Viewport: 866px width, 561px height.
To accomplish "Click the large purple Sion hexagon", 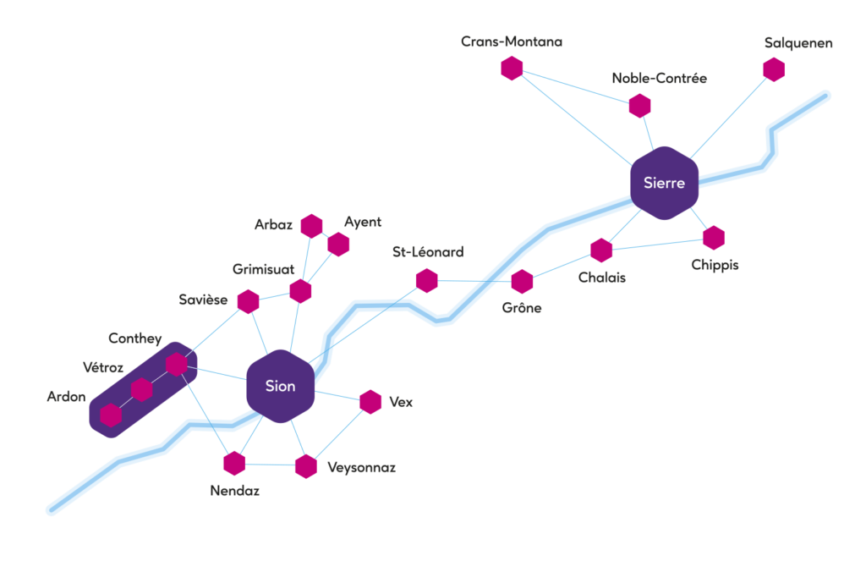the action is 281,386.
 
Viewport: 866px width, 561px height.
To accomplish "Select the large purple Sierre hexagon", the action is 665,183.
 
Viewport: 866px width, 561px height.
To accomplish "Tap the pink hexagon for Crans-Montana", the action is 512,68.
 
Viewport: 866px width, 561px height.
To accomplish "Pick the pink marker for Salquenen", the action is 774,69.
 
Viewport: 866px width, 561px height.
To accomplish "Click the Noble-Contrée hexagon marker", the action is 639,106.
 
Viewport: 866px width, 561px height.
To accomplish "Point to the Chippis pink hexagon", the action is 714,238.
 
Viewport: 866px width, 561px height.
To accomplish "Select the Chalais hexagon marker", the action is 601,250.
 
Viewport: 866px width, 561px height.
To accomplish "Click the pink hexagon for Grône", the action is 522,282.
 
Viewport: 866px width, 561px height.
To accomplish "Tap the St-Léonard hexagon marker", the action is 427,281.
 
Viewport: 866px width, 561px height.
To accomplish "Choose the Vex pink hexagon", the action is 370,402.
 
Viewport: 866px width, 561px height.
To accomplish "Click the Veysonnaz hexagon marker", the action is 306,466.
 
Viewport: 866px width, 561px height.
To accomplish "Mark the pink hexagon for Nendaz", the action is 234,463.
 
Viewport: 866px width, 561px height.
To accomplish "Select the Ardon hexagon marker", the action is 111,415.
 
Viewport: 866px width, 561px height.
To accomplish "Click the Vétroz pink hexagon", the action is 142,390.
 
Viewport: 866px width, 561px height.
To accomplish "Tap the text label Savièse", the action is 203,300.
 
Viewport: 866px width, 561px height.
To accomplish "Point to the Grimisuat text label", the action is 264,269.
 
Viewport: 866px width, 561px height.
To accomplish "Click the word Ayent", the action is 363,223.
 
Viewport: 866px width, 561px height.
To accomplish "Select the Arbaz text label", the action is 273,224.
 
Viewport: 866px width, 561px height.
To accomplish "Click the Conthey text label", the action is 134,338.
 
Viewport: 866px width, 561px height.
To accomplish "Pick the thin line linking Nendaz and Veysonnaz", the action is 270,465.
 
